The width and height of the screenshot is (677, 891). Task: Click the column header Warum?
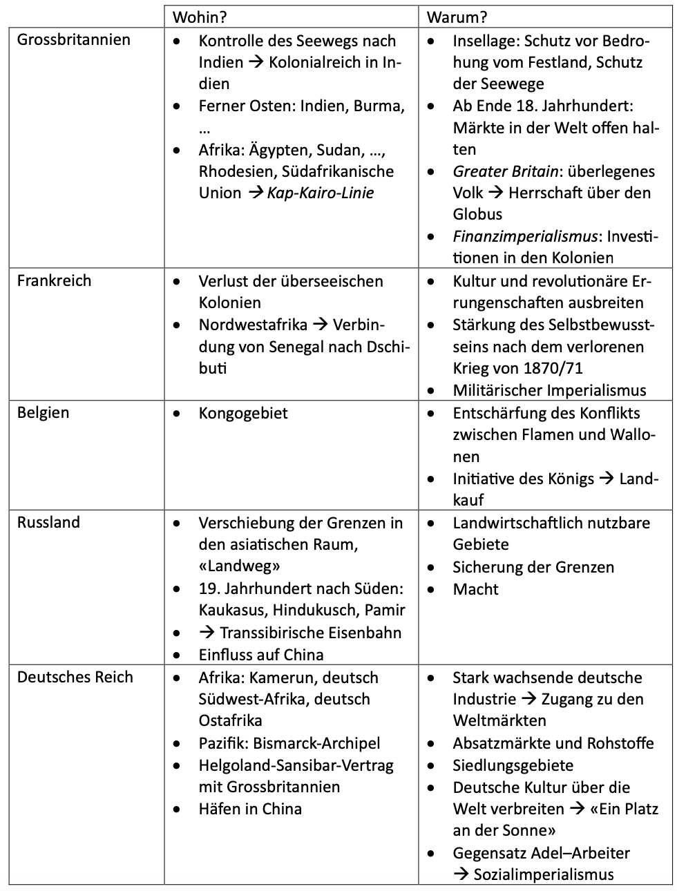[450, 17]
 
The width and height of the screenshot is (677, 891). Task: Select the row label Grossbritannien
[73, 39]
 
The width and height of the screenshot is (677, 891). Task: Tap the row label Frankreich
[54, 280]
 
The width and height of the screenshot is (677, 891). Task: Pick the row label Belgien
[43, 412]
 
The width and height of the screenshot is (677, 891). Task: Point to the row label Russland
[48, 522]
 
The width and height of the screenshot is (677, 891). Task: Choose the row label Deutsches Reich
[75, 677]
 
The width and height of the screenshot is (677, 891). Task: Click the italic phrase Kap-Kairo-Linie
[321, 193]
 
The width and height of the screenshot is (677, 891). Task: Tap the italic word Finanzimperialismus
[525, 236]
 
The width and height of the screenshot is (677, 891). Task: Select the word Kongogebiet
[243, 413]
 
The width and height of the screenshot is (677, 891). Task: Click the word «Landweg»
[239, 566]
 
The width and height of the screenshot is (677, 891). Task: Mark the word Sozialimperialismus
[543, 874]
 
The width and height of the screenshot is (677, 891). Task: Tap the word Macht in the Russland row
[475, 589]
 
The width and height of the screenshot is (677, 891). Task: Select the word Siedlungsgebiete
[513, 765]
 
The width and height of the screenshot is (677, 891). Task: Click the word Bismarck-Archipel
[316, 743]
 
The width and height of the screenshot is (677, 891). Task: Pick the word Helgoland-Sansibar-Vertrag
[296, 765]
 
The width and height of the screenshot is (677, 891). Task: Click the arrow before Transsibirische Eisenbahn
[207, 633]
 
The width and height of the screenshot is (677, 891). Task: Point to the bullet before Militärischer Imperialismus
[431, 391]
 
